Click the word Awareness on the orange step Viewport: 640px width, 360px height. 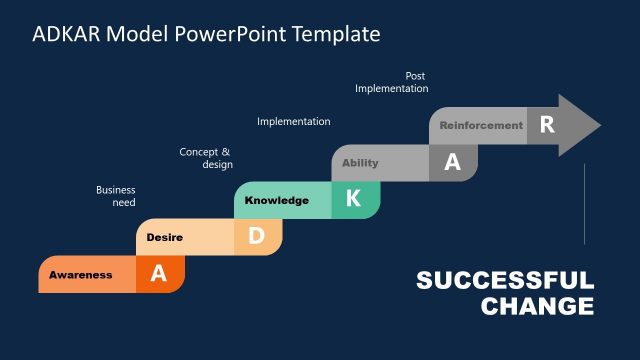click(81, 275)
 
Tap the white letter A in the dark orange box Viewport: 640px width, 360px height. click(158, 274)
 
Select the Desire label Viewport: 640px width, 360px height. click(164, 237)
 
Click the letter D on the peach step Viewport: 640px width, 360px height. click(256, 237)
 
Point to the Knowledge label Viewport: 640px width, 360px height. click(276, 200)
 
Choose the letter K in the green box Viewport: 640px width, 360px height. click(353, 199)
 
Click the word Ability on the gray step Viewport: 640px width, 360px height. click(360, 163)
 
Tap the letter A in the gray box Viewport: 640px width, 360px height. click(452, 163)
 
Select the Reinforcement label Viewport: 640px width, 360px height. click(481, 126)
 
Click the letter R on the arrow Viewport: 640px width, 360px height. click(546, 125)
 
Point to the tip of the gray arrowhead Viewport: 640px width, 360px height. click(600, 126)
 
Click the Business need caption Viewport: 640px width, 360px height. click(116, 196)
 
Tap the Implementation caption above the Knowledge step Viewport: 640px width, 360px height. click(293, 122)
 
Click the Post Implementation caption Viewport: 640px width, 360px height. click(392, 82)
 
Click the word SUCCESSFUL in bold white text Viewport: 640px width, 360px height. click(505, 281)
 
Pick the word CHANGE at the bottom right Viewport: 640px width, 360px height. click(537, 306)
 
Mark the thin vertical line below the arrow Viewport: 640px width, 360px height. click(584, 205)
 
